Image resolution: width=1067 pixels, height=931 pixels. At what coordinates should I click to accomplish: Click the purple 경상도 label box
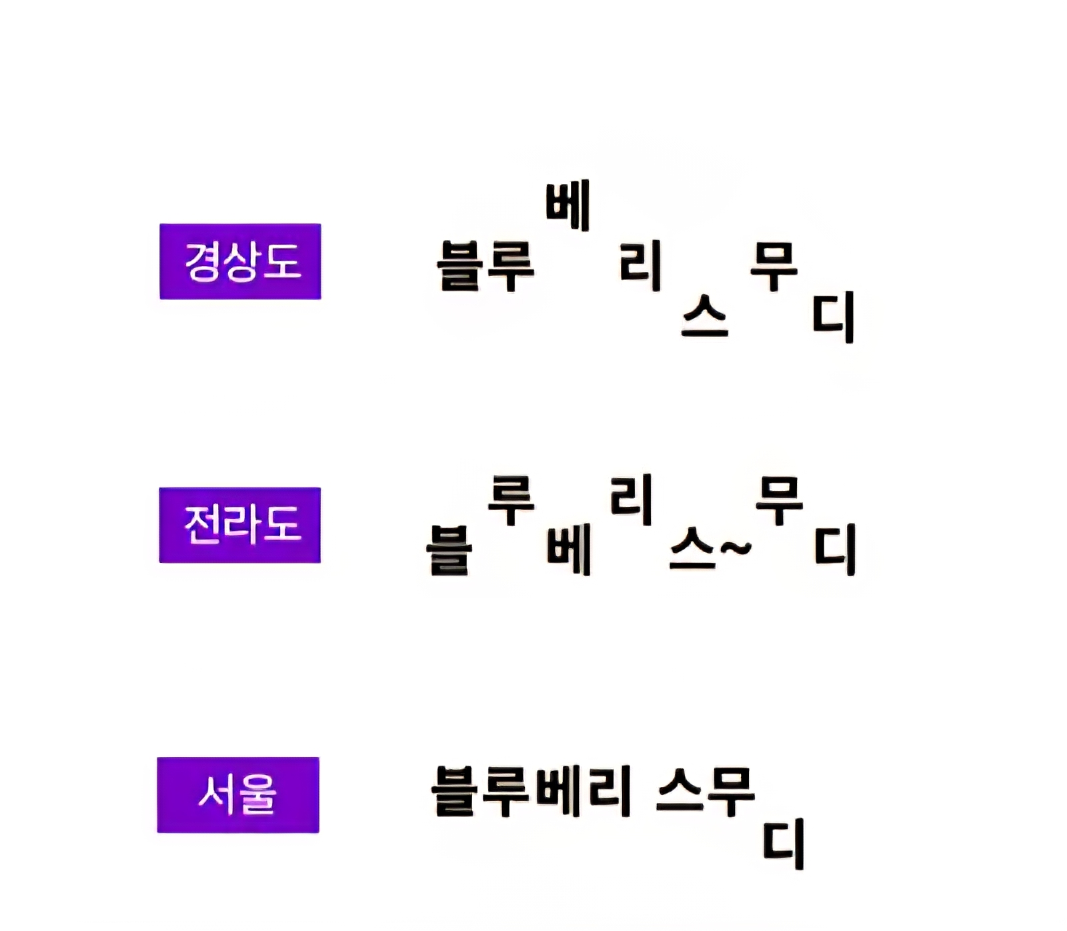240,261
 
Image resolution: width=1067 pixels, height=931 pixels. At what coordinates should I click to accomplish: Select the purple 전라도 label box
240,525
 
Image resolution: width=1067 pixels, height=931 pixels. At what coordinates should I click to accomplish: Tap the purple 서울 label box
238,794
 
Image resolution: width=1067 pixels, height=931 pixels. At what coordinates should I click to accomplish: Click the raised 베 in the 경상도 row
568,205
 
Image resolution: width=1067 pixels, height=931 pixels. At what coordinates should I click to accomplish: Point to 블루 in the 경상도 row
485,266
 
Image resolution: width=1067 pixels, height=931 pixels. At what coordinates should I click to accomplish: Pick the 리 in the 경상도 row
640,266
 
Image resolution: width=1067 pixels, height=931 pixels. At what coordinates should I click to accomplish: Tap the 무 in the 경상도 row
774,266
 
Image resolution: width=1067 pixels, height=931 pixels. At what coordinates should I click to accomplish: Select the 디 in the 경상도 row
834,317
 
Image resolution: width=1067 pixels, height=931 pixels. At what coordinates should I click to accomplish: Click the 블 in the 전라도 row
449,550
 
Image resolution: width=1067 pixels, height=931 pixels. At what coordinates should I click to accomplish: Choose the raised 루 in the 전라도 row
511,500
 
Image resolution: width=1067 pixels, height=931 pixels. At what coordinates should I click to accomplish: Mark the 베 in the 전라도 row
569,550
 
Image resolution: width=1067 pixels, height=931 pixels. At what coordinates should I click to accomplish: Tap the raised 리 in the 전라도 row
631,500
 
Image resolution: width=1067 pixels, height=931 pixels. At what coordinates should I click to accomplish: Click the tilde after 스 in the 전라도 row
736,549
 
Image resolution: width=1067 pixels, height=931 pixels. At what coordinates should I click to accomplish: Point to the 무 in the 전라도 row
779,500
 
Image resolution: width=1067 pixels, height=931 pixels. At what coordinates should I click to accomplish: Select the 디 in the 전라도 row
835,550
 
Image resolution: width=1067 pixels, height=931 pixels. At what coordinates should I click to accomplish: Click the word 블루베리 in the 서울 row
531,792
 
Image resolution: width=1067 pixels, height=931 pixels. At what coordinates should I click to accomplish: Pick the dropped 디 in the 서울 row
784,844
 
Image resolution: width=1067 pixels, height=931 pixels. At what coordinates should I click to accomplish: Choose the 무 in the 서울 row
731,792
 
